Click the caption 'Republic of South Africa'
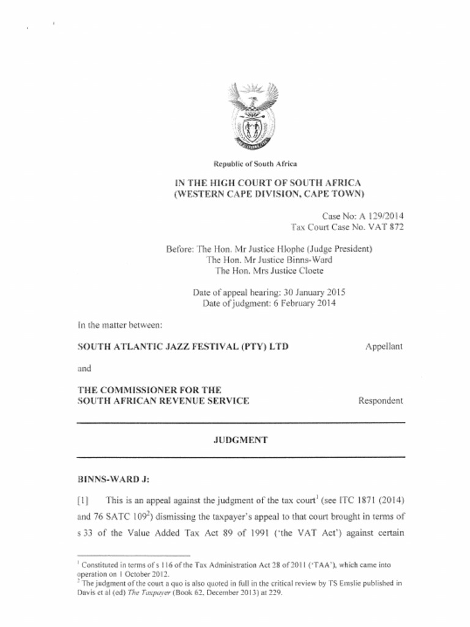click(x=255, y=163)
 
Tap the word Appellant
click(x=384, y=347)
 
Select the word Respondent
click(x=381, y=401)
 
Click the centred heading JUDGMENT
click(x=240, y=440)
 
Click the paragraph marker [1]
click(x=83, y=500)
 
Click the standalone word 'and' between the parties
click(x=84, y=369)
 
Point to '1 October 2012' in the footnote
click(x=141, y=574)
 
